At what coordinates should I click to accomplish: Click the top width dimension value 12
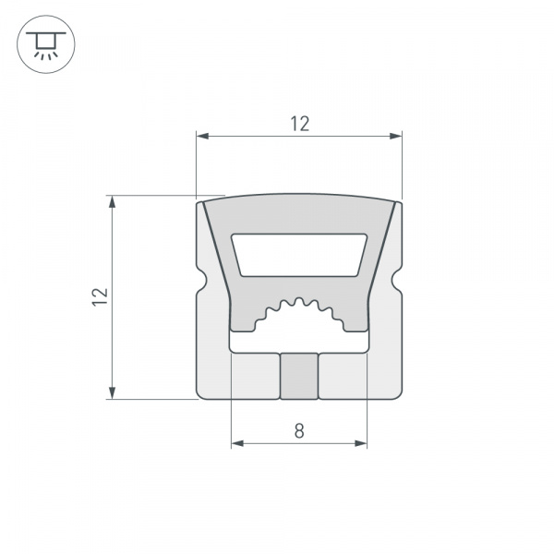pyautogui.click(x=299, y=123)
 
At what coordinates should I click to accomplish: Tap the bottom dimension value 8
pyautogui.click(x=298, y=430)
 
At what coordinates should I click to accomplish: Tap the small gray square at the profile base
pyautogui.click(x=299, y=376)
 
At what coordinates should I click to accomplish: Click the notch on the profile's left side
pyautogui.click(x=200, y=278)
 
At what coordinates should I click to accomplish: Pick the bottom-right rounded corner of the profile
pyautogui.click(x=398, y=394)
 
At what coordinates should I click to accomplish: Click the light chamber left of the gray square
pyautogui.click(x=254, y=376)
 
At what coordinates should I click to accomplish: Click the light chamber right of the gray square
pyautogui.click(x=343, y=376)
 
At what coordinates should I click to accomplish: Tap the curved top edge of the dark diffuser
pyautogui.click(x=299, y=196)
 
